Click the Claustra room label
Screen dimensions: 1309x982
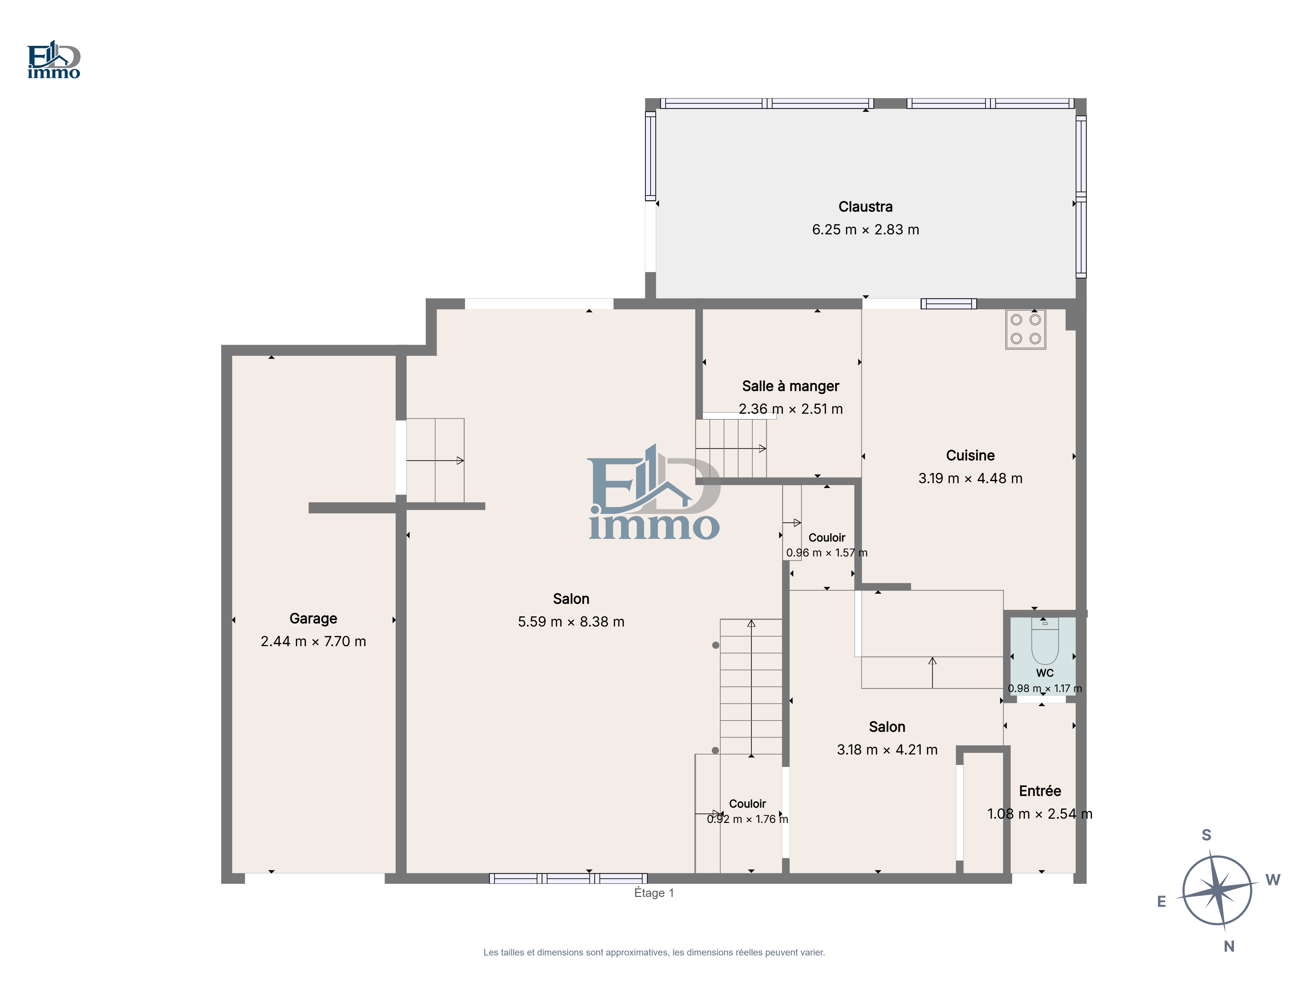(x=865, y=207)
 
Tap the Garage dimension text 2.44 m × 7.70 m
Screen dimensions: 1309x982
(x=313, y=641)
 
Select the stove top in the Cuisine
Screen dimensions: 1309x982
(x=1026, y=329)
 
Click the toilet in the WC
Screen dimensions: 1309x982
(x=1045, y=641)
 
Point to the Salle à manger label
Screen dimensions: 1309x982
(x=791, y=386)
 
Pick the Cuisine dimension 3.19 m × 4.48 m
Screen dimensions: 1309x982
(x=970, y=478)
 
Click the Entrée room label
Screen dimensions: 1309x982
(x=1040, y=791)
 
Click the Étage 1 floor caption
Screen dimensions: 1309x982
(x=654, y=893)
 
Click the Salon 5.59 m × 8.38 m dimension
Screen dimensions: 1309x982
(x=571, y=622)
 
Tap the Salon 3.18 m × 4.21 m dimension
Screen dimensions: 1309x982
(x=887, y=749)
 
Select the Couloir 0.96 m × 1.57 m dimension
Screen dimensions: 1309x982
(x=827, y=553)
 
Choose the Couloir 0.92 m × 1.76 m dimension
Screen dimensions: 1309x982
(x=747, y=819)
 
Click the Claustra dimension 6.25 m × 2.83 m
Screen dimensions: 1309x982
(x=865, y=230)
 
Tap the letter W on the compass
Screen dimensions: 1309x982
(x=1273, y=880)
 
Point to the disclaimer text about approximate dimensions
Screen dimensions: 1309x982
(x=654, y=953)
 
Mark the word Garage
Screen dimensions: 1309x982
(x=313, y=619)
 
